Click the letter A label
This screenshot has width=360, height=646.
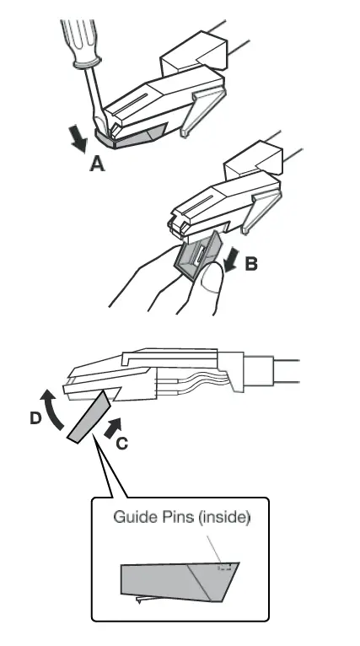click(98, 165)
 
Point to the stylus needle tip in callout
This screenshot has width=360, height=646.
click(140, 600)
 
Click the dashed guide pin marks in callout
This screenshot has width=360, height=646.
click(224, 568)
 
